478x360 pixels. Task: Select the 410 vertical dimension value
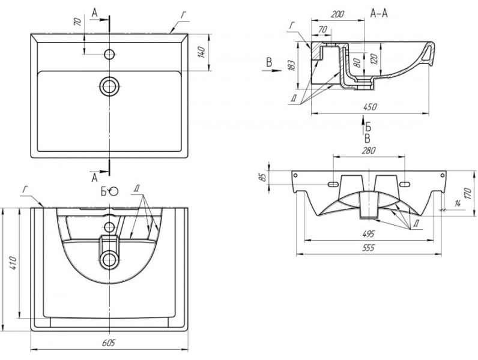pyautogui.click(x=14, y=263)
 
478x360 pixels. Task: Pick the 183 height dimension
pyautogui.click(x=291, y=64)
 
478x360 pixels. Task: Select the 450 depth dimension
pyautogui.click(x=370, y=107)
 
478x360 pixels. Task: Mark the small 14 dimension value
pyautogui.click(x=459, y=205)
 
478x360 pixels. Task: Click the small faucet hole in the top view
pyautogui.click(x=109, y=54)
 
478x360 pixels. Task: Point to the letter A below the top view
pyautogui.click(x=94, y=177)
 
